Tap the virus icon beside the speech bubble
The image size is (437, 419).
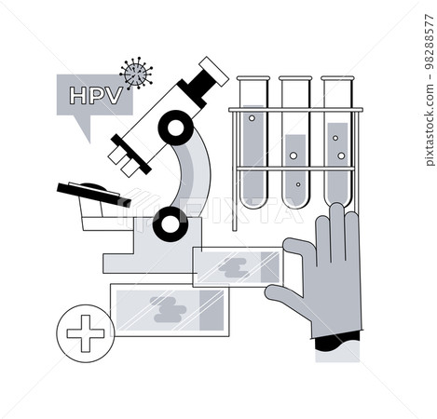point(137,73)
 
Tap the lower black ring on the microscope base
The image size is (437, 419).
point(170,221)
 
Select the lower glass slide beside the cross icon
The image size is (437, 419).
point(169,309)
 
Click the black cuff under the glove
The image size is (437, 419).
point(336,345)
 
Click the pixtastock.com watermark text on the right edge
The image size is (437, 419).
point(428,84)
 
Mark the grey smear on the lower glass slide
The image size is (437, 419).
point(169,310)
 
